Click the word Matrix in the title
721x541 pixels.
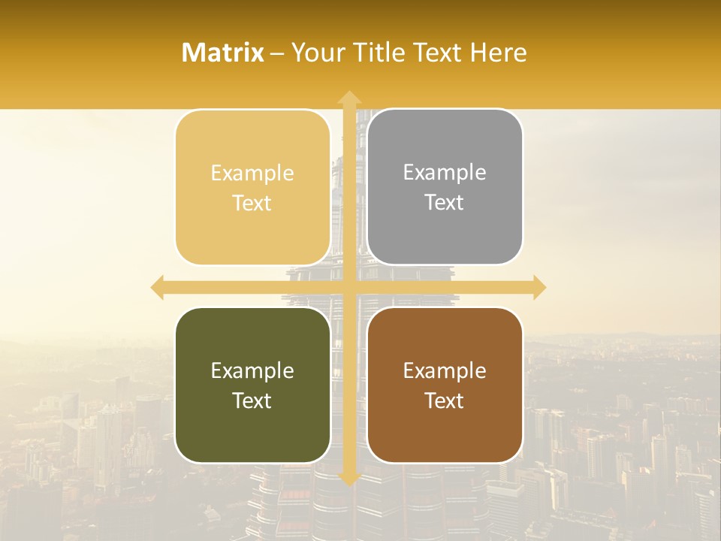[x=222, y=53]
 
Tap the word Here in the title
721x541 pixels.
[x=498, y=53]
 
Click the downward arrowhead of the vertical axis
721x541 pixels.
[x=348, y=479]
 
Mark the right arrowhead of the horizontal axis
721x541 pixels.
[x=538, y=287]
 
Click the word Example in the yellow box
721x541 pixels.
[x=252, y=174]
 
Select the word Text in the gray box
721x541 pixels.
[x=445, y=203]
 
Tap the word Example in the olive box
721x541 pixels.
[x=252, y=371]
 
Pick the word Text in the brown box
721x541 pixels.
[x=445, y=401]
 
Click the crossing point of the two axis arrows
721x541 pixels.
[x=348, y=287]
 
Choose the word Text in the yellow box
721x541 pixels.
[x=252, y=204]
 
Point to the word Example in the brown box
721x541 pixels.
[x=445, y=371]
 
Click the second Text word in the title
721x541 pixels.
[x=436, y=53]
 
